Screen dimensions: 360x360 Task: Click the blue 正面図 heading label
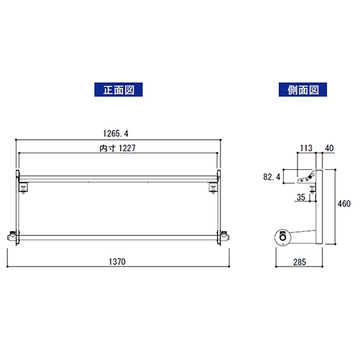click(118, 89)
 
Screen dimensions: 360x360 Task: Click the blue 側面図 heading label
click(302, 89)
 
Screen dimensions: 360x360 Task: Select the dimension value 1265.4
click(116, 133)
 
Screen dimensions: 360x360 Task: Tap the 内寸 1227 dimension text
click(117, 148)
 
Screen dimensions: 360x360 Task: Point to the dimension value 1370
click(117, 261)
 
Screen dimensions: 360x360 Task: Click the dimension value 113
click(306, 148)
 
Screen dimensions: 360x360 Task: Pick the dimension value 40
click(329, 148)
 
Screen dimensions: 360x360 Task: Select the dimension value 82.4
click(271, 177)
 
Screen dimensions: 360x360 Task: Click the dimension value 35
click(301, 197)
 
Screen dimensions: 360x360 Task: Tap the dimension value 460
click(344, 204)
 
